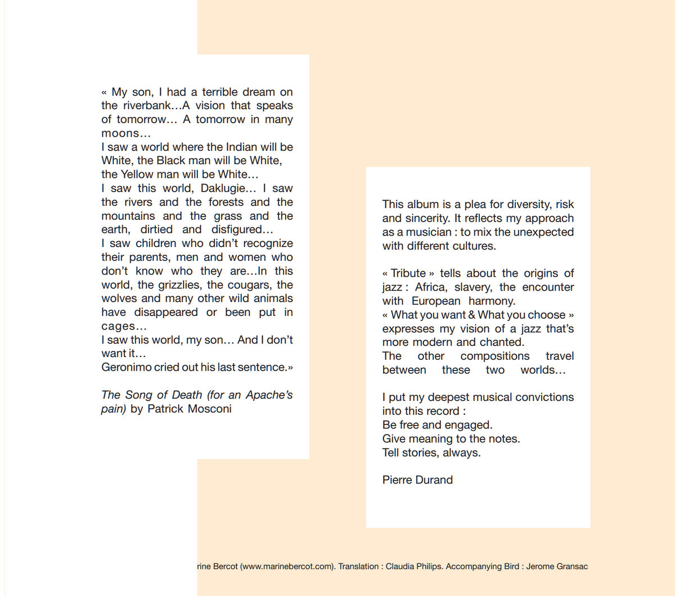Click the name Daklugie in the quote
[x=224, y=188]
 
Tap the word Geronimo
[x=126, y=367]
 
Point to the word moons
[x=120, y=133]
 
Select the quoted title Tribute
[x=408, y=273]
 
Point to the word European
[x=436, y=301]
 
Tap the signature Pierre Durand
[x=417, y=480]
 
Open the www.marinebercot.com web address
[x=287, y=566]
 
